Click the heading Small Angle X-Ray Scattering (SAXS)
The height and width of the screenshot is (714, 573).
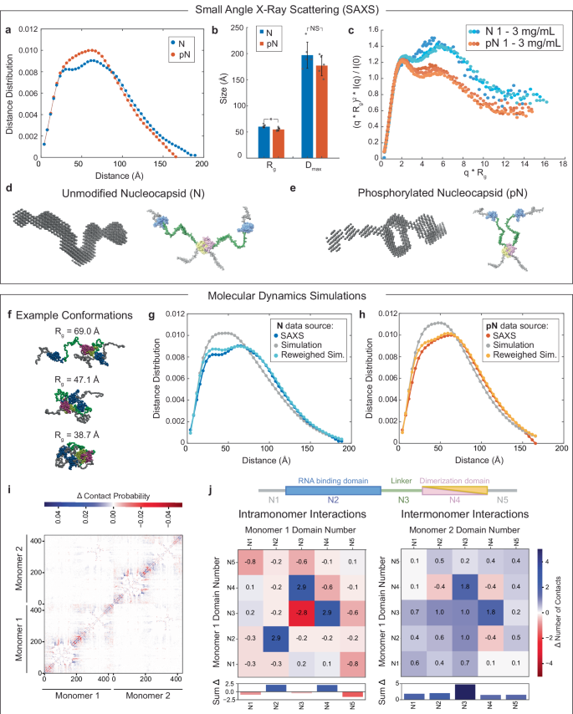287,9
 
